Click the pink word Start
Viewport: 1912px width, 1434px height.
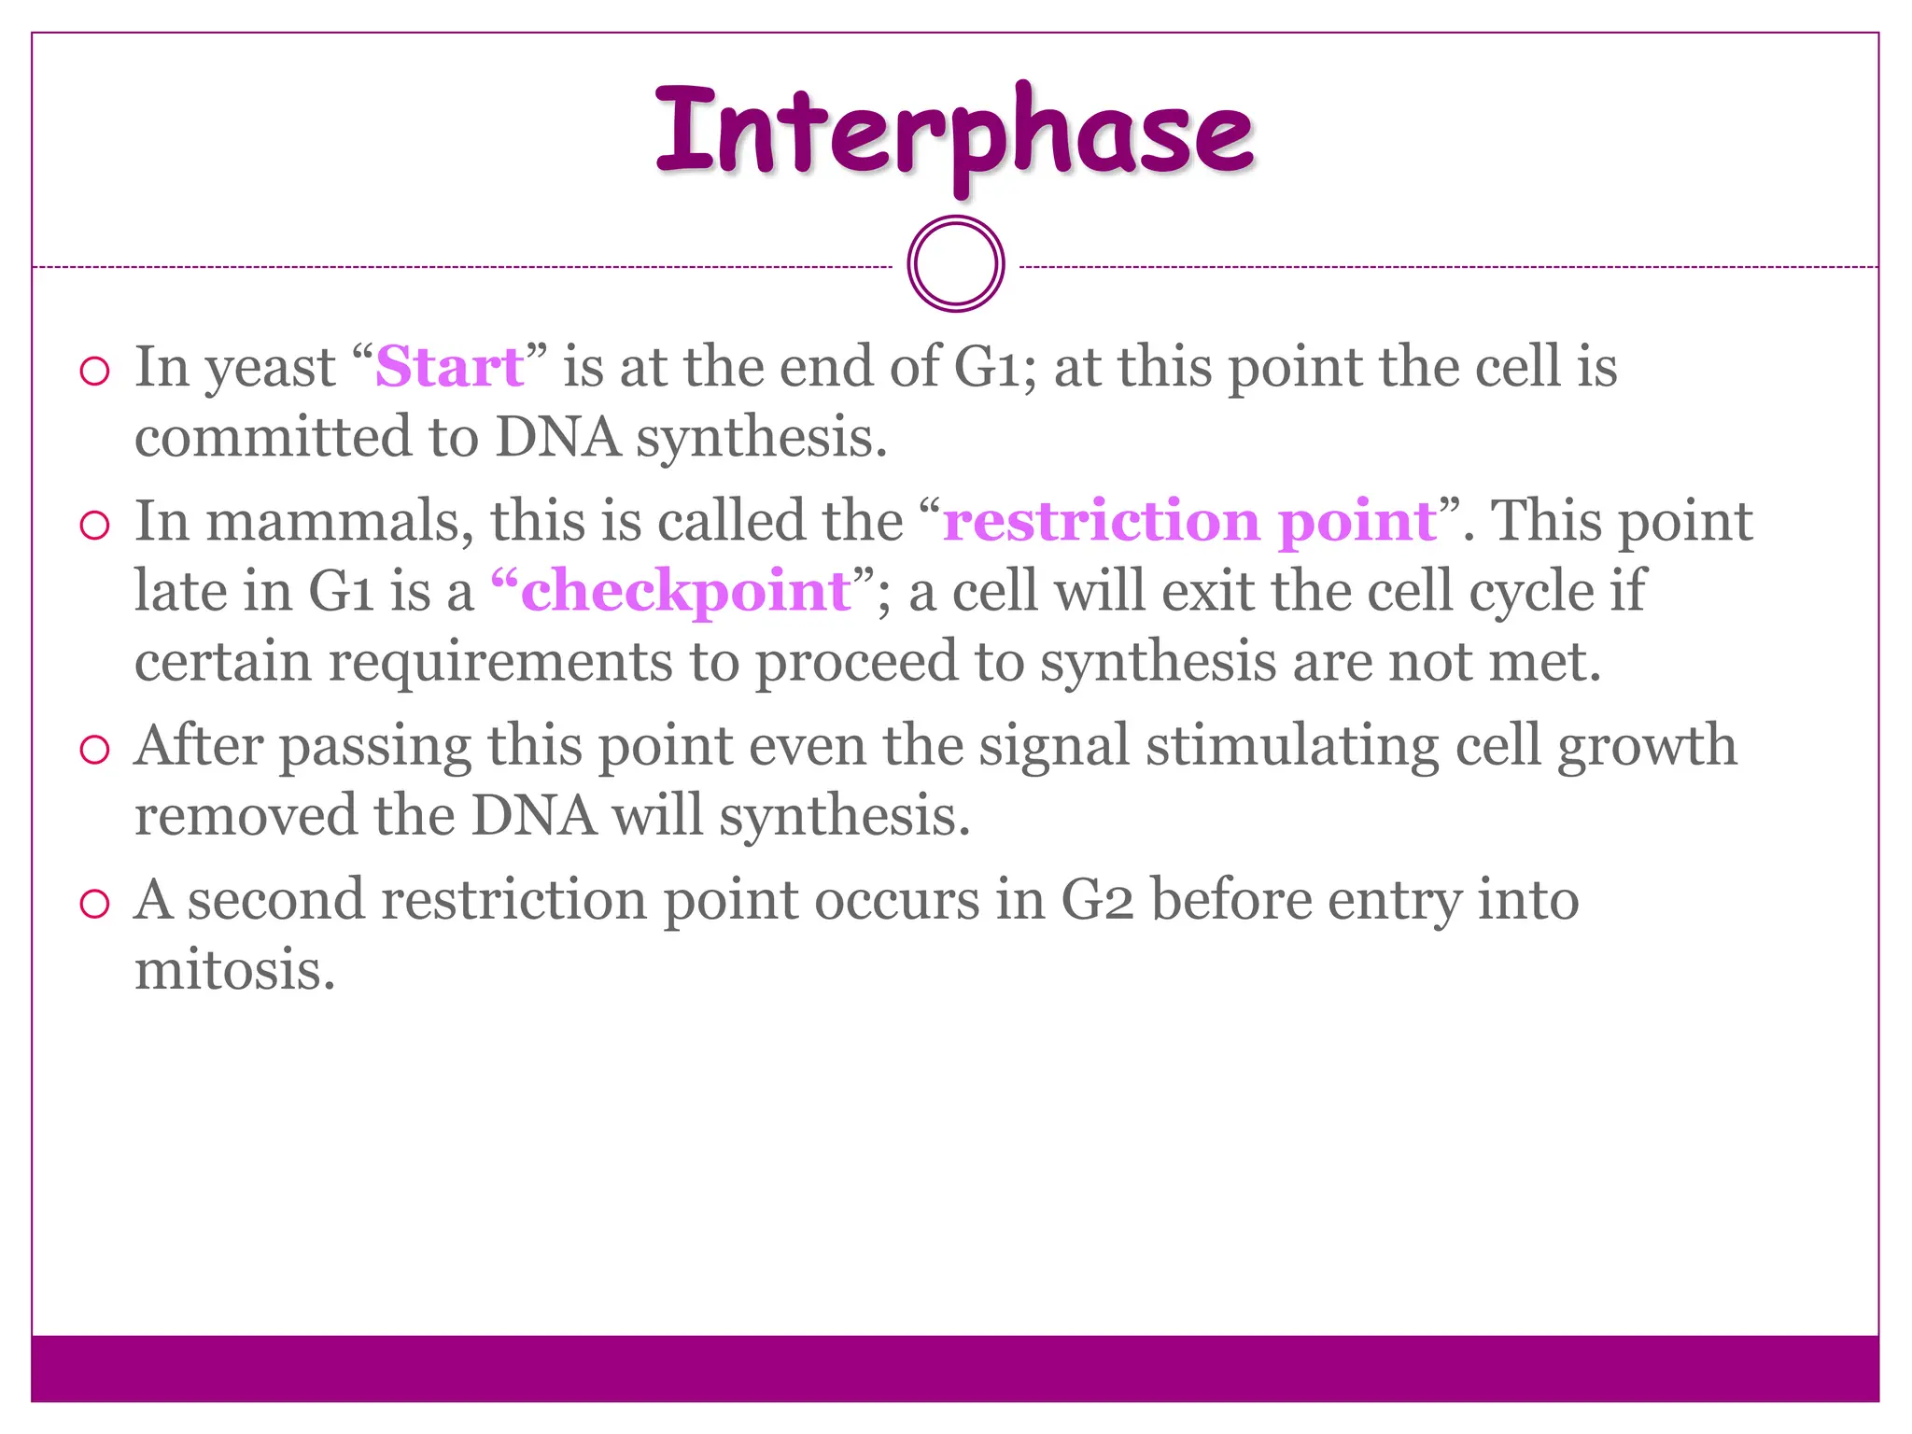448,366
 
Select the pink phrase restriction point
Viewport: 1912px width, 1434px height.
1188,521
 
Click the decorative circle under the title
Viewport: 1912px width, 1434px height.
955,264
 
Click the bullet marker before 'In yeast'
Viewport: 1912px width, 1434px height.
94,372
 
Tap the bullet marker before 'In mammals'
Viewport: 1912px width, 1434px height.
94,526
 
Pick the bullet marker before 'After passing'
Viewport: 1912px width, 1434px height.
94,750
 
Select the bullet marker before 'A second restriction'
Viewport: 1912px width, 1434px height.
94,904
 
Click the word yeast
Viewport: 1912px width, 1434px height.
270,368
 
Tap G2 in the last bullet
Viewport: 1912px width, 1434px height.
1097,901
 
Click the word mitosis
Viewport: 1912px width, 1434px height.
233,969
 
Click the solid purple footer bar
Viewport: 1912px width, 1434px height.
954,1368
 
